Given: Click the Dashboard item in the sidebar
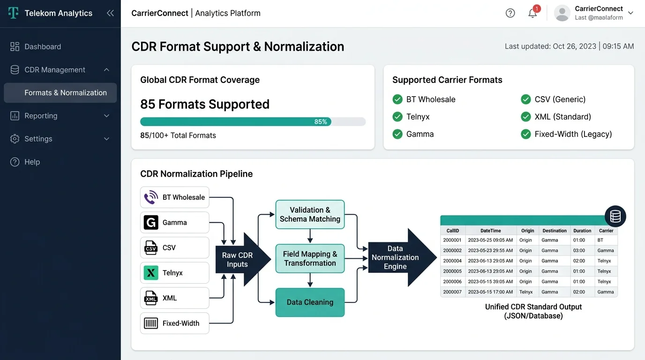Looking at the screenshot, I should [43, 46].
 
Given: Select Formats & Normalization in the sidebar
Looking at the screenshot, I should [65, 93].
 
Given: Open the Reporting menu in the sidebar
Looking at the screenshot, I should [41, 116].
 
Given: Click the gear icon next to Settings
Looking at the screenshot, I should [15, 139].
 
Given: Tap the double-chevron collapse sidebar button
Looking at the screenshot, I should [110, 13].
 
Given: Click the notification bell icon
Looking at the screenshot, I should [532, 13].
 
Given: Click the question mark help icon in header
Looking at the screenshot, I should [510, 13].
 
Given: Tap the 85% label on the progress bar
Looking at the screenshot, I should [321, 122].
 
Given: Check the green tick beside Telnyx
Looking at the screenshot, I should [397, 117].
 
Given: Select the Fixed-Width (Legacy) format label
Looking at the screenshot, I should [573, 134].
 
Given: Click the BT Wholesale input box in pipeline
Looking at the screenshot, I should [175, 197].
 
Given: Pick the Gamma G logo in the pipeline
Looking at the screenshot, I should [150, 223].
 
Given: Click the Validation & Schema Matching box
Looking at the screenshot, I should [310, 215].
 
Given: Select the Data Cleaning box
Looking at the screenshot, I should [310, 302].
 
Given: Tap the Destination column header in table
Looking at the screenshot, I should [555, 231].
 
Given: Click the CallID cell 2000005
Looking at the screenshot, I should [452, 271].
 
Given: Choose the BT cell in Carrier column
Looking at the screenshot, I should [600, 240].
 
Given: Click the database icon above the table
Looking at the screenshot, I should [615, 216].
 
